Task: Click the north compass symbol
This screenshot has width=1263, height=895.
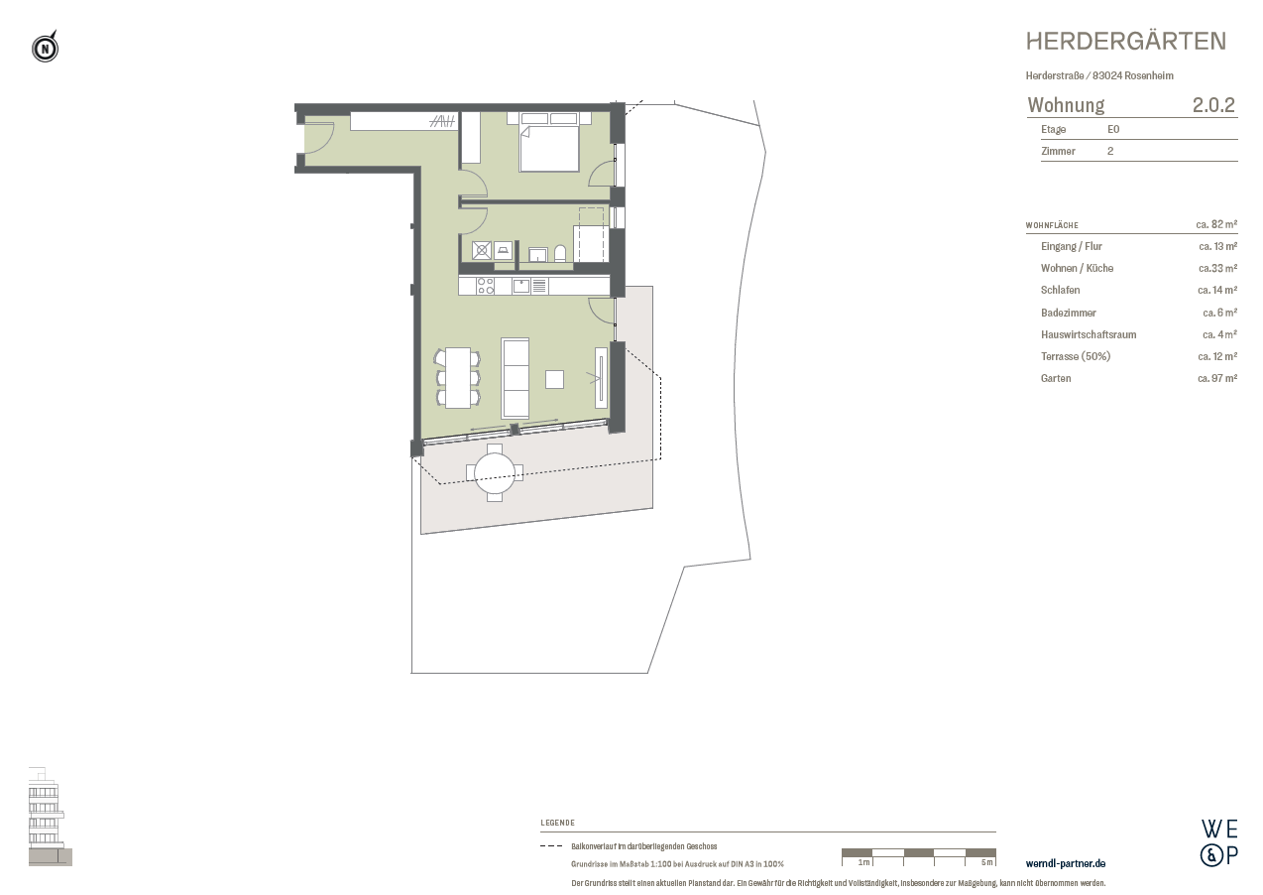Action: [45, 48]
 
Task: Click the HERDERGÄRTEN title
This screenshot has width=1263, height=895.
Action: [1125, 41]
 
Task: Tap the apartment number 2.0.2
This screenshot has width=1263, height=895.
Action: [1213, 105]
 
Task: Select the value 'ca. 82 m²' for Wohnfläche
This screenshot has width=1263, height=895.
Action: [1216, 225]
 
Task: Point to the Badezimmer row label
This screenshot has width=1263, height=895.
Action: [1068, 313]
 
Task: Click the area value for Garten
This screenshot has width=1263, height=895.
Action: [1216, 378]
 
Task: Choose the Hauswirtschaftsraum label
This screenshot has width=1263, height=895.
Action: [1088, 334]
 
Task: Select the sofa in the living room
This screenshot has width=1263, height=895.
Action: [516, 377]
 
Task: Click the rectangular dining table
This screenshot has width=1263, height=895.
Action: [457, 377]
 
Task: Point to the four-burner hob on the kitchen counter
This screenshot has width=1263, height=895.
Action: [486, 286]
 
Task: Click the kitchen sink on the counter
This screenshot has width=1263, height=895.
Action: [521, 286]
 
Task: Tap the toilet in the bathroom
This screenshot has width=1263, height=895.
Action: [561, 254]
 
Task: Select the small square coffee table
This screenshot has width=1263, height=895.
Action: [554, 378]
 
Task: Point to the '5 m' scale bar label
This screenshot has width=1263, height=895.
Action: [984, 862]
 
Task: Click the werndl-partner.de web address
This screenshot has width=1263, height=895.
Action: [1065, 864]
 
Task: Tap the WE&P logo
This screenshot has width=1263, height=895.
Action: [1218, 842]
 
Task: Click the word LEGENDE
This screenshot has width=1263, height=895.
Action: [557, 823]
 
